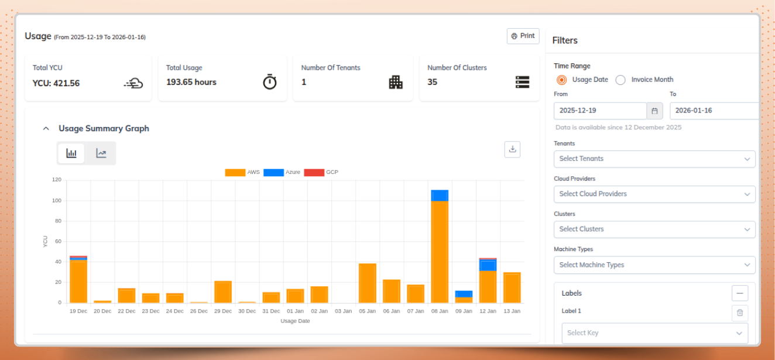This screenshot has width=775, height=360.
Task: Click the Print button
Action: [523, 36]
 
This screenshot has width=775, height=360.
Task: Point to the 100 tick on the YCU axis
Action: [57, 201]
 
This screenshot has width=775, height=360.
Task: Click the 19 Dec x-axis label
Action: [78, 311]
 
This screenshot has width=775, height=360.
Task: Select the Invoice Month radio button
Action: [620, 80]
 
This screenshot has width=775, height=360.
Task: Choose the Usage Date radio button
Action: [561, 80]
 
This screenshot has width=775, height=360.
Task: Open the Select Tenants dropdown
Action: [654, 159]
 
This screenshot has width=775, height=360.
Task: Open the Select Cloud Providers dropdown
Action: [654, 194]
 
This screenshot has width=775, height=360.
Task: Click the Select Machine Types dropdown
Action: [654, 265]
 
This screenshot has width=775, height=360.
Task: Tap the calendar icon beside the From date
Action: [655, 111]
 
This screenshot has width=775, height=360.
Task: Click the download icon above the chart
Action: [512, 149]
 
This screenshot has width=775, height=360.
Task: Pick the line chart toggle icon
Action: [101, 153]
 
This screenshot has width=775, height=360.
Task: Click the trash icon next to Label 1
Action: [740, 313]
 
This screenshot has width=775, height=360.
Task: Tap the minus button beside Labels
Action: [740, 293]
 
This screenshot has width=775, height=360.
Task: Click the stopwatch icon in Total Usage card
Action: [269, 82]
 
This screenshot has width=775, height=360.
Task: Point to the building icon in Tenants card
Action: [396, 82]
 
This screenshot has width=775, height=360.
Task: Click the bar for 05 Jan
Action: [368, 283]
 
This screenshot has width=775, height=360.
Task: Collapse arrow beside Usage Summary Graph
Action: [46, 129]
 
